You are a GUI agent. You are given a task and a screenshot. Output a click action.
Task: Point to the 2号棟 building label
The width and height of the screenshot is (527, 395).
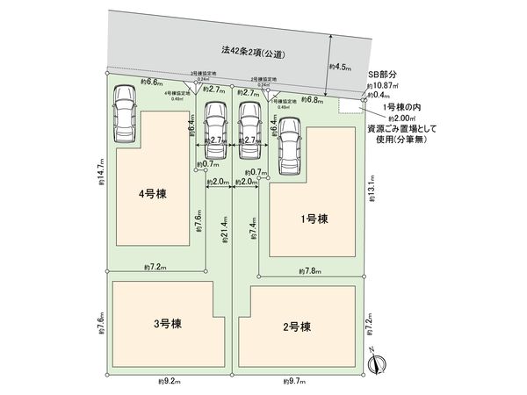pos(298,327)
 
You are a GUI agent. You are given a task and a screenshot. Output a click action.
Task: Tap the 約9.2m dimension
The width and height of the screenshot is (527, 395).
pos(169,381)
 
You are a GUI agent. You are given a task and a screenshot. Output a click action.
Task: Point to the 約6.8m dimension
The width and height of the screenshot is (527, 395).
pos(311,98)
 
